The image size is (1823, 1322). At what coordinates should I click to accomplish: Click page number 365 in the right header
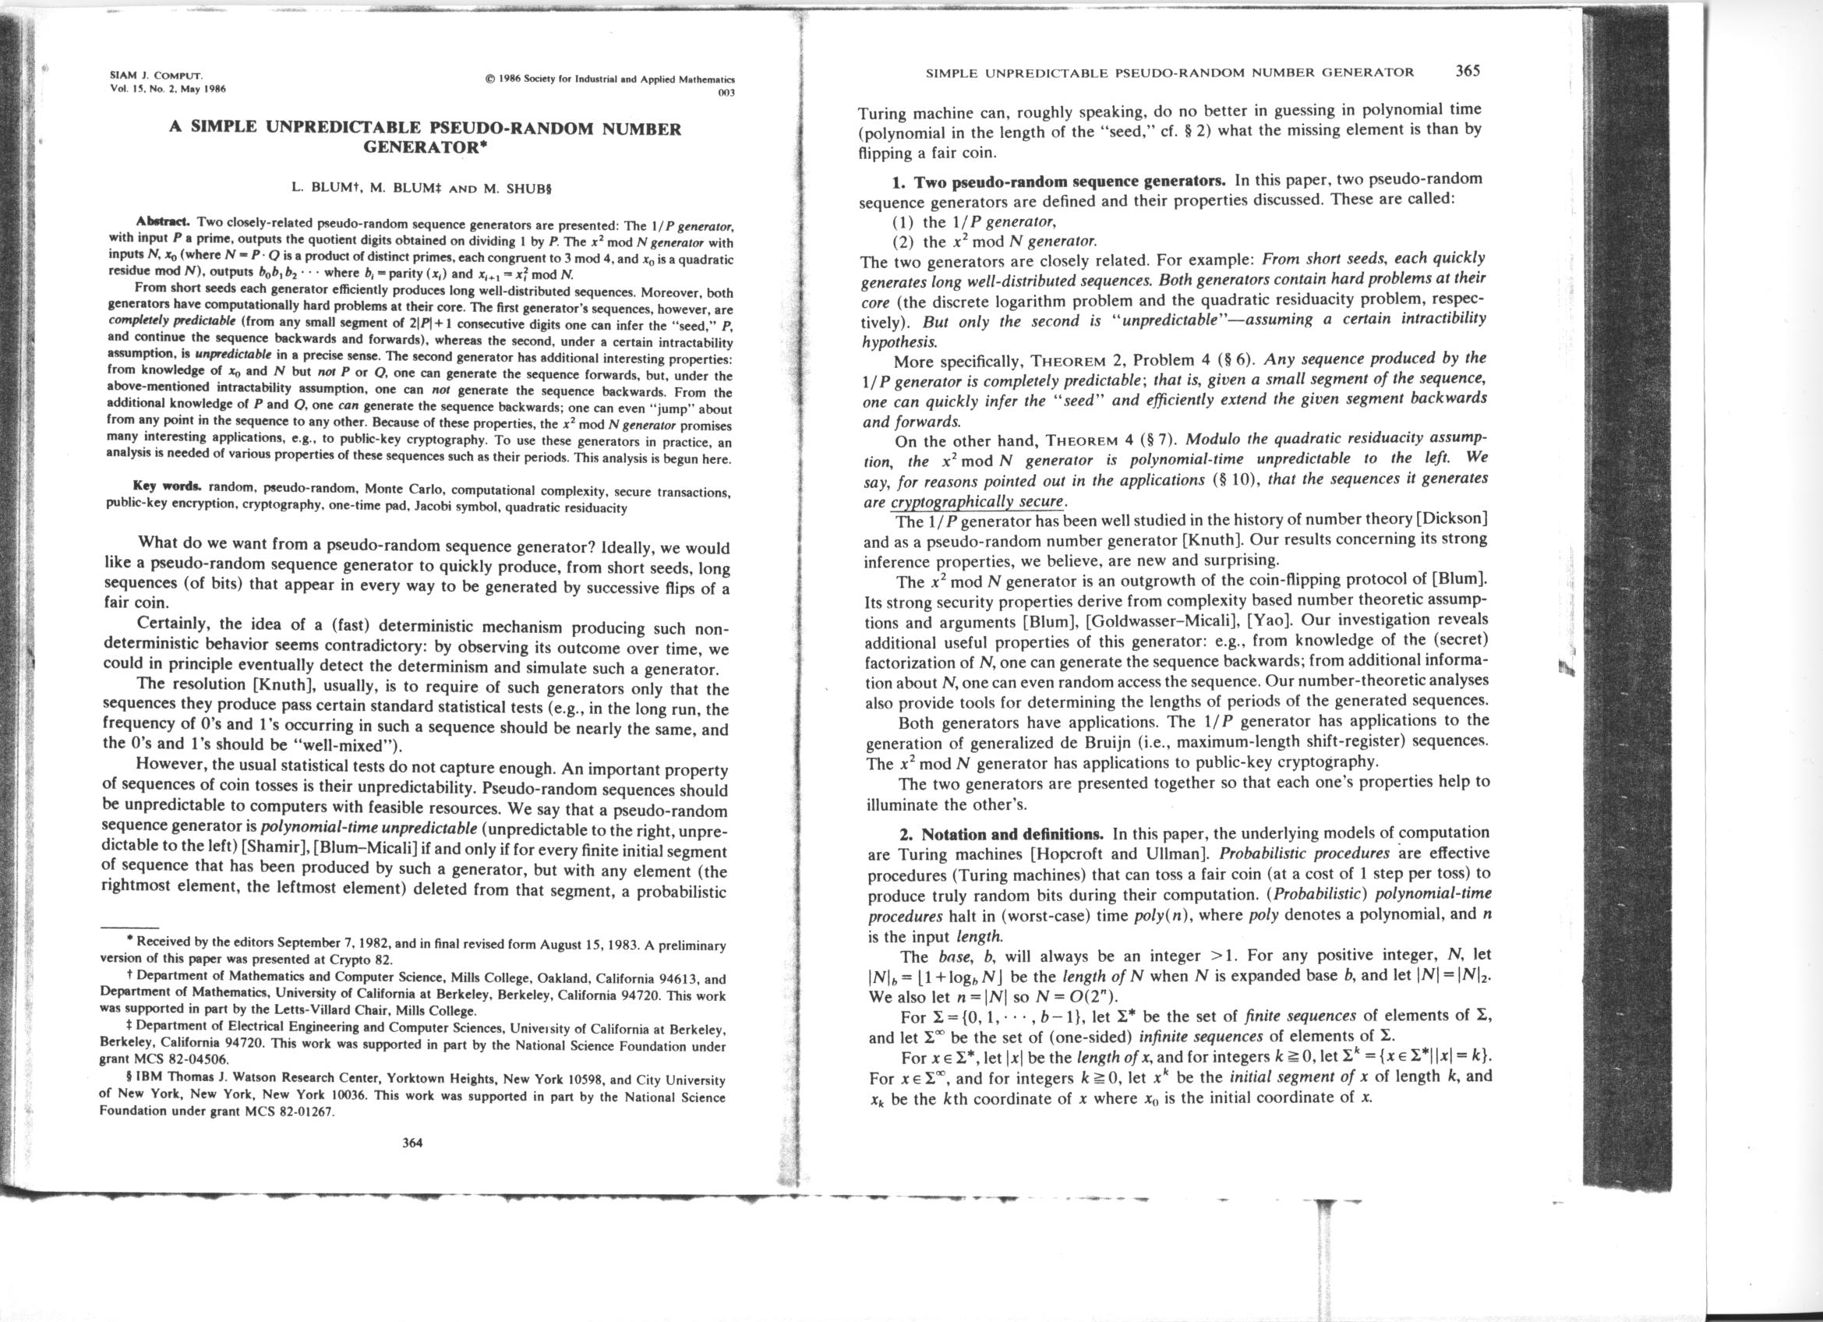coord(1467,70)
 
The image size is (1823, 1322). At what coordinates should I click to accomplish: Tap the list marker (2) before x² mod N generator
coord(906,241)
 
